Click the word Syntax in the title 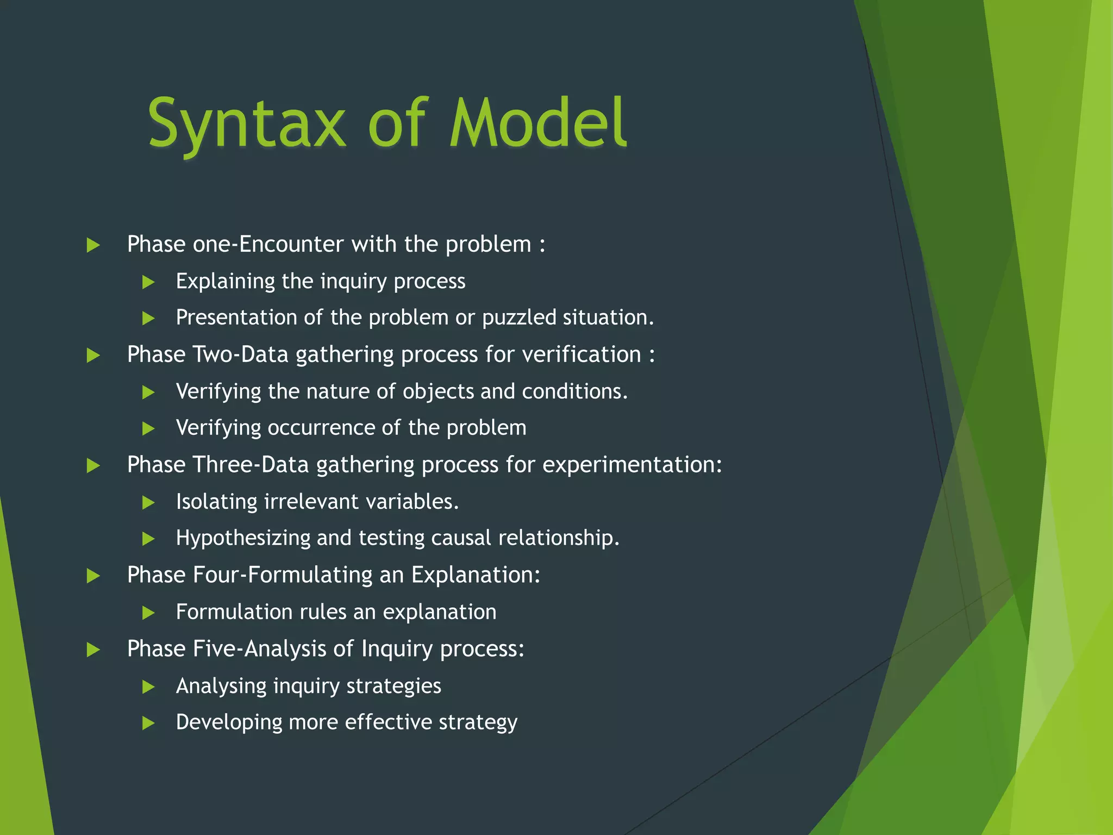246,124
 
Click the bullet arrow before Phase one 93,245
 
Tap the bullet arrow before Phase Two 93,356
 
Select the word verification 581,354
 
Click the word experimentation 631,465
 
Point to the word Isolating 217,502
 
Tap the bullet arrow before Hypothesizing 148,539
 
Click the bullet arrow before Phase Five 93,650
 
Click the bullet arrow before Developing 148,723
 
